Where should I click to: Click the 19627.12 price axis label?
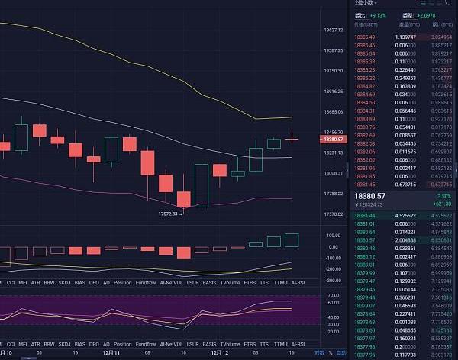tap(333, 31)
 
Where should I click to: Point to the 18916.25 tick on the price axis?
tap(333, 92)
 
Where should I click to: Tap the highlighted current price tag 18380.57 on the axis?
tap(334, 140)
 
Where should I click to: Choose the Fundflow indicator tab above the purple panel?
tap(146, 281)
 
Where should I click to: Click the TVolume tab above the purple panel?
tap(230, 281)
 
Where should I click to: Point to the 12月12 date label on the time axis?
tap(220, 352)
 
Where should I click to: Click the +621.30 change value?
tap(443, 204)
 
